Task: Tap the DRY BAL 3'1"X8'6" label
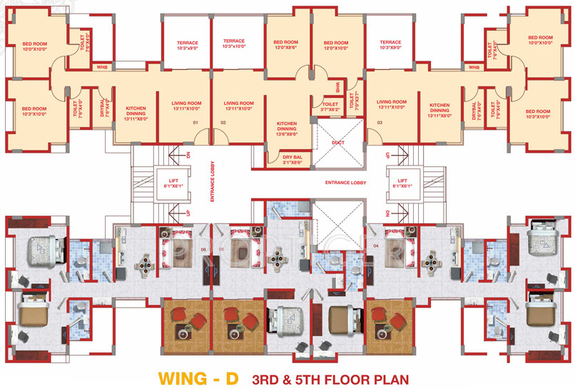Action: (292, 160)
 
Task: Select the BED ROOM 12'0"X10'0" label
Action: (335, 44)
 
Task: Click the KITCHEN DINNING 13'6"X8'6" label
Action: (287, 128)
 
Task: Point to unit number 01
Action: (195, 123)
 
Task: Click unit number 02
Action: (223, 123)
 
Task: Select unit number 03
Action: (379, 123)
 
